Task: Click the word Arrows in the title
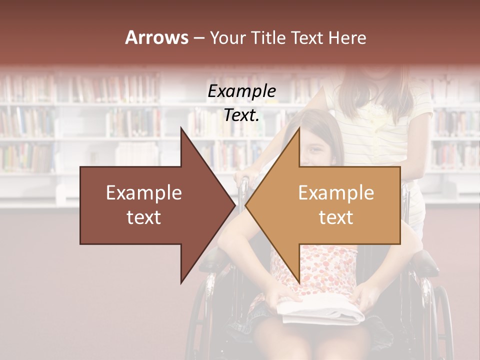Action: [156, 37]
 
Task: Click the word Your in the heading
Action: [226, 37]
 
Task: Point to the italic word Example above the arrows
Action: [242, 91]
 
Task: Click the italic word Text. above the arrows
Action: [242, 115]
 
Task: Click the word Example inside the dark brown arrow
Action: [144, 193]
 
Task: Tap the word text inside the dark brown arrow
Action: [144, 217]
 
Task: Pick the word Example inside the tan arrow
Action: [336, 193]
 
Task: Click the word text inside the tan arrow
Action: [336, 217]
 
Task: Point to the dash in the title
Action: [198, 38]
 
